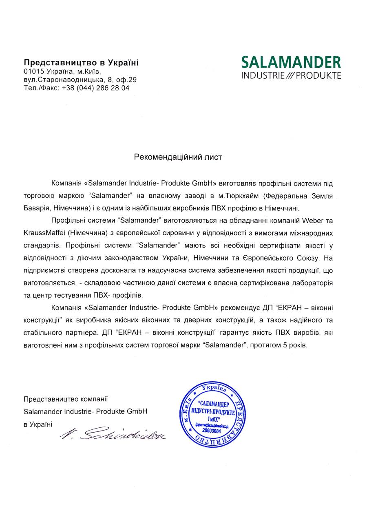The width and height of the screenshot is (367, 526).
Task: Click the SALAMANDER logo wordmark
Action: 291,62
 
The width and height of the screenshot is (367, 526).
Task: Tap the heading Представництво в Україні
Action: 81,62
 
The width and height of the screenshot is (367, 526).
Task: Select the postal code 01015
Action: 33,71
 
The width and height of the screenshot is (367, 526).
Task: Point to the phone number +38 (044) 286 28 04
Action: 95,88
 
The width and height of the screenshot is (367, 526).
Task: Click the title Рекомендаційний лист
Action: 178,157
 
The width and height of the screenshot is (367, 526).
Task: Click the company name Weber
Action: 312,221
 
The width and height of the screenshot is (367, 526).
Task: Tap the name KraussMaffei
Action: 44,233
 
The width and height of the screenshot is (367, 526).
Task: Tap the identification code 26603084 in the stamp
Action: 211,431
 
